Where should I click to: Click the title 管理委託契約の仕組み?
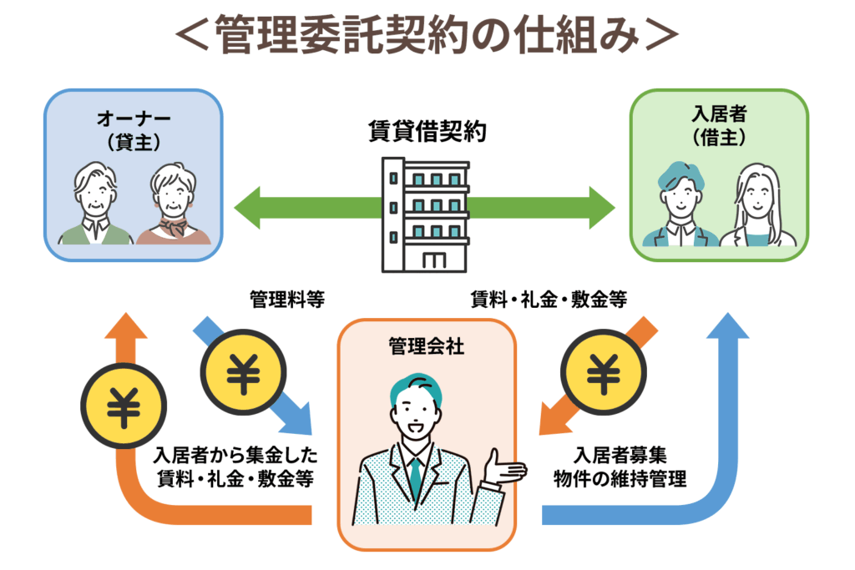pos(427,35)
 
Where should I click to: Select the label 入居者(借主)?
pos(719,128)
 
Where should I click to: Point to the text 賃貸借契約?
pos(427,132)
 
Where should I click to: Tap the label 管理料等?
pos(287,298)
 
